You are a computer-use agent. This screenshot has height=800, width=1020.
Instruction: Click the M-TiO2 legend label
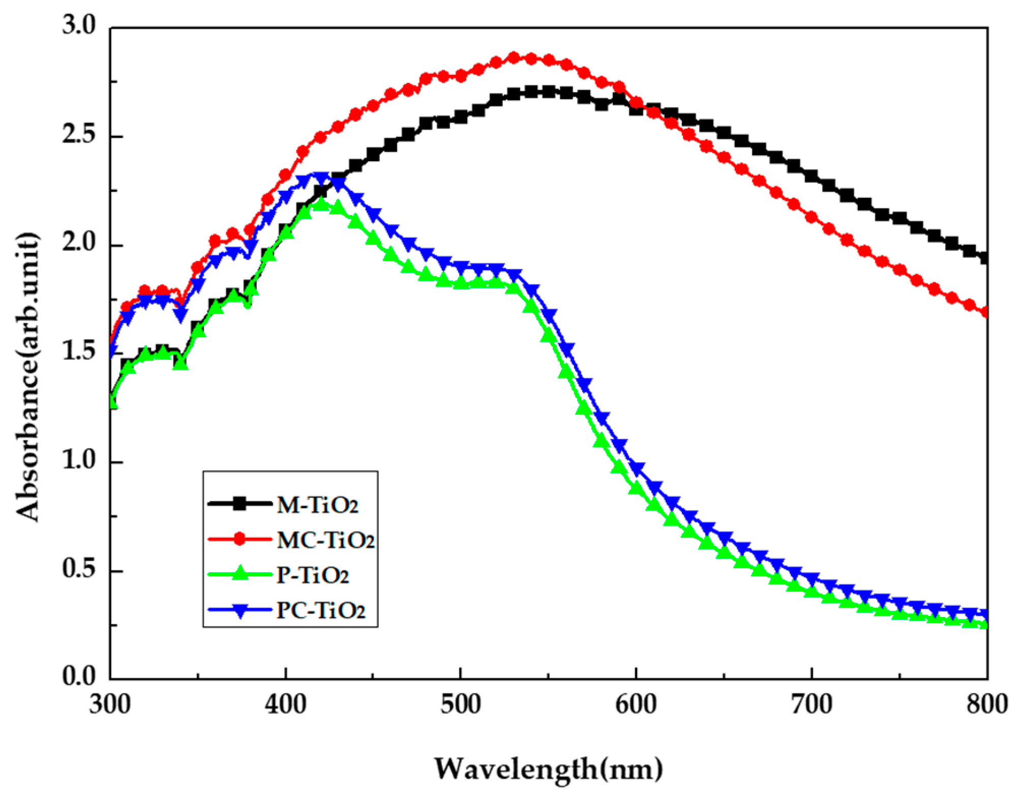(318, 505)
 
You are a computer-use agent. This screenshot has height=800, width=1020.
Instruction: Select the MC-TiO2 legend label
(325, 540)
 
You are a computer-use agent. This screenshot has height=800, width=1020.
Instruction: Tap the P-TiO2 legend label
(313, 575)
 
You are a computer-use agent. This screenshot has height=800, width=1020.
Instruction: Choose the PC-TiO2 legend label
(320, 610)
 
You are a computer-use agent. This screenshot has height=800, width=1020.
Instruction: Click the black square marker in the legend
(239, 504)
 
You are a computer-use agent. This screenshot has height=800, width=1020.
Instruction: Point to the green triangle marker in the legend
(239, 574)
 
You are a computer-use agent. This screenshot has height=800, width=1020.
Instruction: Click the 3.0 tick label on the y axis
(79, 25)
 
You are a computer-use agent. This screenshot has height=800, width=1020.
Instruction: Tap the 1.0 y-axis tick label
(79, 460)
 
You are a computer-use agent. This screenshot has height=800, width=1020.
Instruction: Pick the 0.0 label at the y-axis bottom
(79, 677)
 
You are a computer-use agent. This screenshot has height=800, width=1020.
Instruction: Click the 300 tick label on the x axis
(110, 705)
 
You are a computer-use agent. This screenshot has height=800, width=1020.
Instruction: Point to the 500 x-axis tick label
(460, 705)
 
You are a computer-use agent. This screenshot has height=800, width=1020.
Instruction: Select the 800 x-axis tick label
(986, 705)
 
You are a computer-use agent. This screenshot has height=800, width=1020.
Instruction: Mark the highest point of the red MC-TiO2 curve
(514, 57)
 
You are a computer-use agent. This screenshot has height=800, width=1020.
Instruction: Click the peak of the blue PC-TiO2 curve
(320, 177)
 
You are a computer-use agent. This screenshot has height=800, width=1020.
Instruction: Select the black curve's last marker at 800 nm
(985, 258)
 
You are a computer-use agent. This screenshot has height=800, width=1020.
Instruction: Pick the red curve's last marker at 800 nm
(985, 312)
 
